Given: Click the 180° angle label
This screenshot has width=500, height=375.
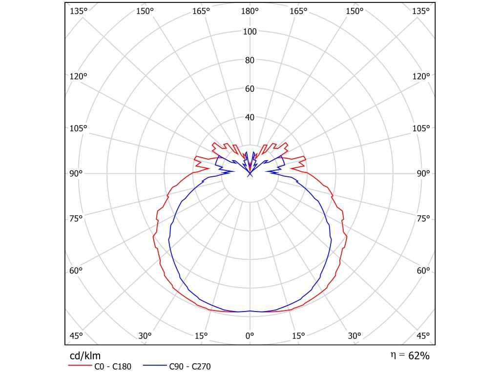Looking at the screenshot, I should coord(250,11).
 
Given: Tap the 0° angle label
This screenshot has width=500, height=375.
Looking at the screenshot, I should coord(250,335).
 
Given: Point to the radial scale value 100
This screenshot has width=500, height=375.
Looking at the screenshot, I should coord(250,32).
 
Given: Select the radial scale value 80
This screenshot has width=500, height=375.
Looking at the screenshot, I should coord(250,61).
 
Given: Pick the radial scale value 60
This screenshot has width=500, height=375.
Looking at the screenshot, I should coord(250,89).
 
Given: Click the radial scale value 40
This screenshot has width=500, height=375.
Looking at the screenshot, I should coord(250,117).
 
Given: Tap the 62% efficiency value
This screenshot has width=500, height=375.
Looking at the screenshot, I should coord(419,355).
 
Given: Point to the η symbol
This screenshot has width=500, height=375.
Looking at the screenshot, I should coord(394,355).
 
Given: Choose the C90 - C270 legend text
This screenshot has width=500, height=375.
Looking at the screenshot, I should coord(189,366).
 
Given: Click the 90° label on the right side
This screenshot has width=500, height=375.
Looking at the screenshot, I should coord(423,173).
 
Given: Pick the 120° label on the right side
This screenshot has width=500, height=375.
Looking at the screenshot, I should coord(421,76).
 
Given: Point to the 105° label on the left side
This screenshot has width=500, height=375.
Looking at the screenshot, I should coord(78,128).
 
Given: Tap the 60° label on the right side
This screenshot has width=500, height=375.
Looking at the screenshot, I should coord(423,271).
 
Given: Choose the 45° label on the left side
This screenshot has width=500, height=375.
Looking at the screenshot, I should coord(77,335).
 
